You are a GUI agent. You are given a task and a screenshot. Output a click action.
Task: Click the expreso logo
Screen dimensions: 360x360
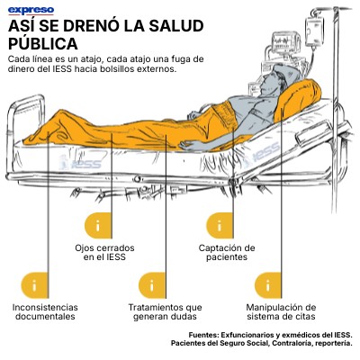click(x=31, y=11)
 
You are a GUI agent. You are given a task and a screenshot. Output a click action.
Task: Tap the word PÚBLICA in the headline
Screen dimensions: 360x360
click(x=43, y=44)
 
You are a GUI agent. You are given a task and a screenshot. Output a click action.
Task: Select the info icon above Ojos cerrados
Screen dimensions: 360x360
click(x=98, y=226)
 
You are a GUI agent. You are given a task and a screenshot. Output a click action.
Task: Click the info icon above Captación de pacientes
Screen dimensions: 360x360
click(x=220, y=226)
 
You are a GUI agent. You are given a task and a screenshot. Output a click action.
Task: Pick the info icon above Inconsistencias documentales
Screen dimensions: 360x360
click(x=34, y=285)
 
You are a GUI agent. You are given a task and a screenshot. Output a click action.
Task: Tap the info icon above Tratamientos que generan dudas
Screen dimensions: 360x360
click(x=152, y=285)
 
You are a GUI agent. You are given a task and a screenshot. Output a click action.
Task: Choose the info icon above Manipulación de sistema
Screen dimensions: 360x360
click(x=268, y=285)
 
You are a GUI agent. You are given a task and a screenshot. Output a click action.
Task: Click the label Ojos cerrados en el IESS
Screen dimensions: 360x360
click(x=104, y=253)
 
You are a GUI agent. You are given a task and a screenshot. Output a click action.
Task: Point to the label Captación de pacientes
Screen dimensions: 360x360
click(x=227, y=253)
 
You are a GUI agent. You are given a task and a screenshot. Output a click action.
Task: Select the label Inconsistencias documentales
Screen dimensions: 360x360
click(x=45, y=312)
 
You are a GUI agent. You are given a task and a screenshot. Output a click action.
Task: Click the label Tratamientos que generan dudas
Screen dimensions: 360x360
click(x=166, y=312)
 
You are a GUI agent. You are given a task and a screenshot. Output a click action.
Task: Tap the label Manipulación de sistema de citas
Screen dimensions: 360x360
click(x=281, y=312)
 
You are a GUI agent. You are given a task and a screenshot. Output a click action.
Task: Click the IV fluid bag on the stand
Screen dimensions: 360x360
click(x=314, y=31)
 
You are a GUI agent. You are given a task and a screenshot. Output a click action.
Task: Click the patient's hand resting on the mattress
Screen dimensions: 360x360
click(x=190, y=146)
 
